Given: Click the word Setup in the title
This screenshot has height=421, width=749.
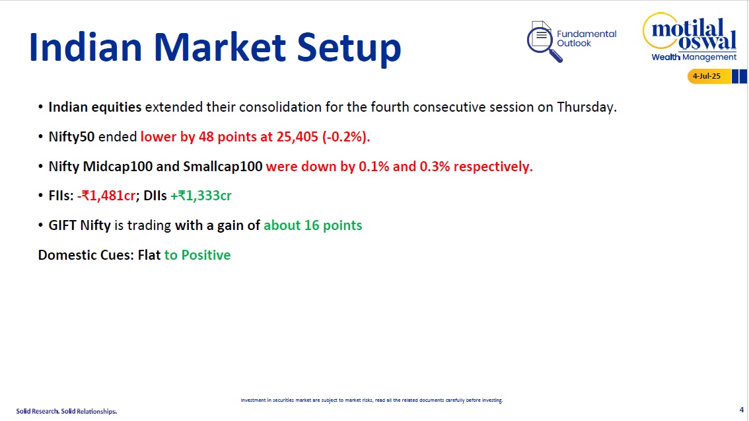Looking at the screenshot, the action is [x=349, y=48].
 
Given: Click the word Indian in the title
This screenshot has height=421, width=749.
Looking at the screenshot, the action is [x=86, y=47].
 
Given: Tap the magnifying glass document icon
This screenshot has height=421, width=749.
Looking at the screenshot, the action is [x=544, y=41].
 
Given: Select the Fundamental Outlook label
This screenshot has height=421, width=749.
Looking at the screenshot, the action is [x=587, y=38].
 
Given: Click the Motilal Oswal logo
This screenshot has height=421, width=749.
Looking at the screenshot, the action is [x=690, y=37].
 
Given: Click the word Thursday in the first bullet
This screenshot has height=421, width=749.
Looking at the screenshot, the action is [x=587, y=107].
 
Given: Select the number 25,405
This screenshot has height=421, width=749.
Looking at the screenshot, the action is [x=297, y=137].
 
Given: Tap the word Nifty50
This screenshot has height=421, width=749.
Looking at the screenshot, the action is [x=71, y=137].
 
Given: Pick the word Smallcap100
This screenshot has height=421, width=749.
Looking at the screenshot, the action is [x=223, y=167].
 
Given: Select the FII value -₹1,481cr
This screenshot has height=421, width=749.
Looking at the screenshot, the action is [x=106, y=196].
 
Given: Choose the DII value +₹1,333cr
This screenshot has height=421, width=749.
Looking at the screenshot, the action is [x=201, y=196].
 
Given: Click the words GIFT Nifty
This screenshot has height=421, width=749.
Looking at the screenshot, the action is [x=80, y=225].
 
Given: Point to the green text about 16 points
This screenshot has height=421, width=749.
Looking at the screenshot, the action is [x=313, y=225].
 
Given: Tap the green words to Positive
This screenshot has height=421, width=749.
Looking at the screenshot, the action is [x=197, y=255].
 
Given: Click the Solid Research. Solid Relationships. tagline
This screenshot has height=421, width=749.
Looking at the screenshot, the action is [x=67, y=412].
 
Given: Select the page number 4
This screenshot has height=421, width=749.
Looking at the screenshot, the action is [x=741, y=410].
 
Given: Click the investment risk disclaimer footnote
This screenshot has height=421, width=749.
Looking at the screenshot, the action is [x=372, y=401].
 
